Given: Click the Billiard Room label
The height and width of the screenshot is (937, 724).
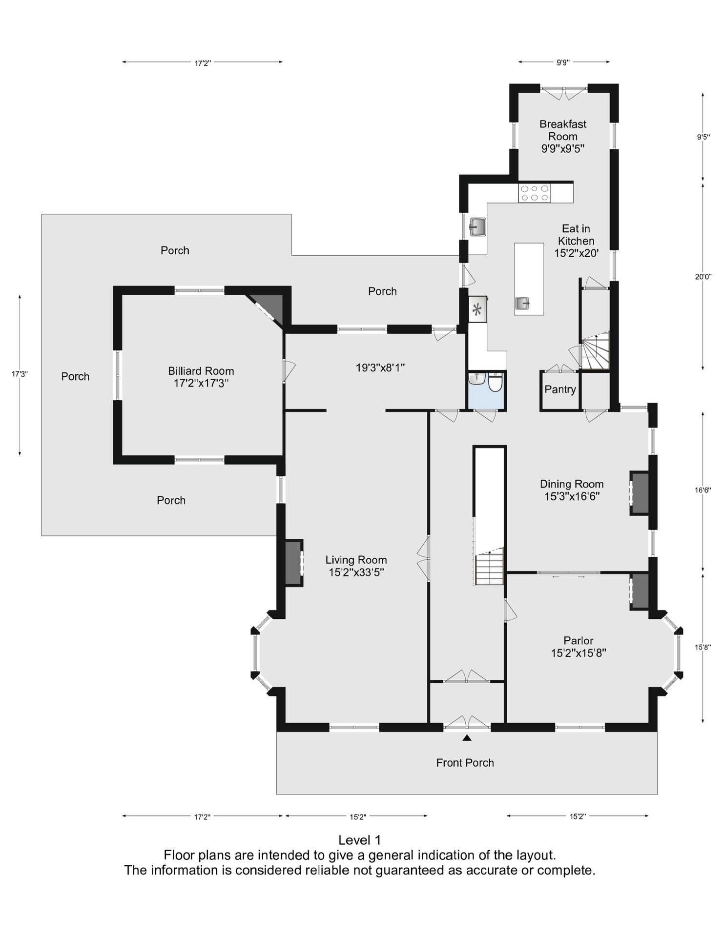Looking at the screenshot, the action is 201,377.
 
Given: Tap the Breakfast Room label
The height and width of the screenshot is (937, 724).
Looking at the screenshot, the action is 563,136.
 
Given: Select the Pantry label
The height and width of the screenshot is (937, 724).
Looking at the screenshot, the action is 560,389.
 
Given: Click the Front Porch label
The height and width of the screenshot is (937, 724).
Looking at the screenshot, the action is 465,763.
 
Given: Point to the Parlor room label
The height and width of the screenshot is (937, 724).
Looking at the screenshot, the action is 579,647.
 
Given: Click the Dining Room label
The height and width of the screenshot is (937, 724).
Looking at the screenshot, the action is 572,490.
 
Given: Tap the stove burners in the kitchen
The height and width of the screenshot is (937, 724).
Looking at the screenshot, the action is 535,193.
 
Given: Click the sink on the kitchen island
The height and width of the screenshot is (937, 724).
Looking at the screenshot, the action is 522,304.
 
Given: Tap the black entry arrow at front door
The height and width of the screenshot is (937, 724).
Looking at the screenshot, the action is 467,738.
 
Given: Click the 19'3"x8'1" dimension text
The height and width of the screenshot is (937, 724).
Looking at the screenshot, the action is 380,367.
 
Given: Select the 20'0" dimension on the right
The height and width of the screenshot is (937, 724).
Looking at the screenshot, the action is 703,277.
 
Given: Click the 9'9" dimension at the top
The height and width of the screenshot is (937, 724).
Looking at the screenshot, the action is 563,62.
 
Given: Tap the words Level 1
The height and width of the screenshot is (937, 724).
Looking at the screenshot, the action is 360,840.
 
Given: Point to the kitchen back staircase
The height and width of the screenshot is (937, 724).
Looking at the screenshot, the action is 595,350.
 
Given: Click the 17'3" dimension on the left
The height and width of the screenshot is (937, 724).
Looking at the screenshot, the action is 20,374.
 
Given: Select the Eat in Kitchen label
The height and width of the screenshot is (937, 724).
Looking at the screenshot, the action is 576,241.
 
